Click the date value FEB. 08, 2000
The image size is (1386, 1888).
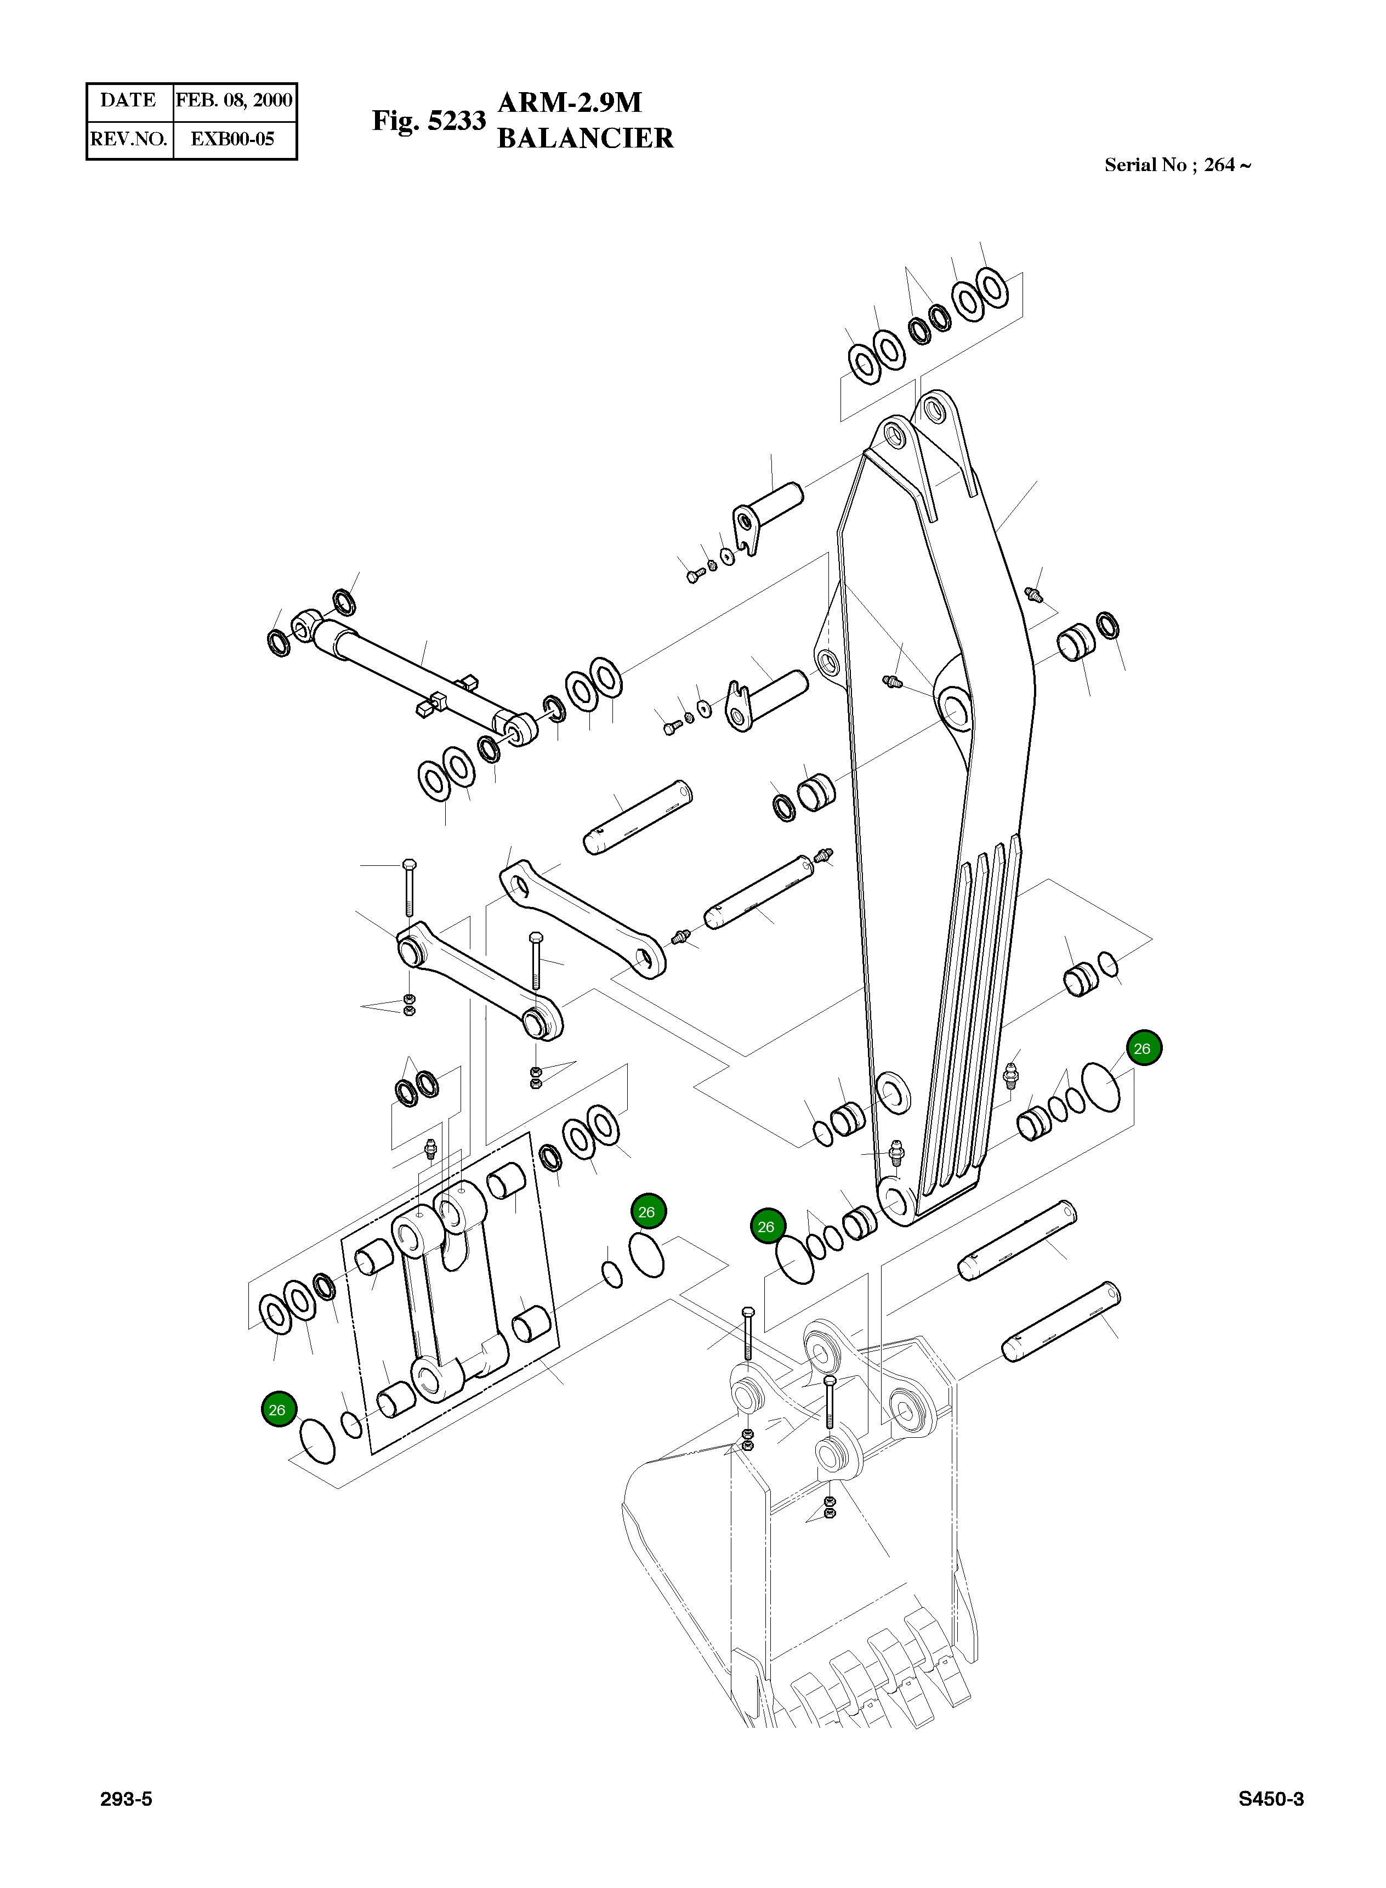[234, 101]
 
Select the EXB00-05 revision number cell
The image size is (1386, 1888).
[232, 139]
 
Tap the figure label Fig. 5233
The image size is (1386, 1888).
[429, 121]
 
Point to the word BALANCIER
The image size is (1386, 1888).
[585, 138]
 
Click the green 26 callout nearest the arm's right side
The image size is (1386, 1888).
[1142, 1048]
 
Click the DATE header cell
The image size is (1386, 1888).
[128, 101]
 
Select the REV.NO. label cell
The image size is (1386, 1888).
[128, 139]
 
